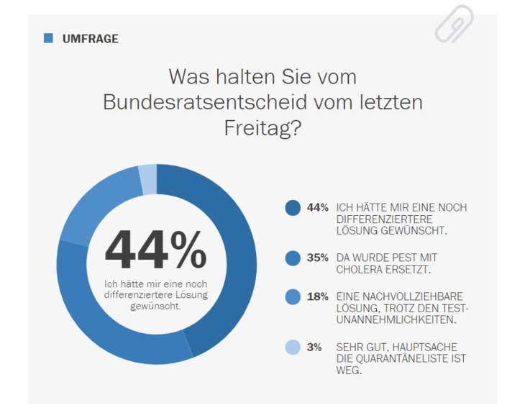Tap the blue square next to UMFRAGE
pyautogui.click(x=48, y=38)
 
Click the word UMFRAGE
pyautogui.click(x=91, y=39)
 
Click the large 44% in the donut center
pyautogui.click(x=156, y=250)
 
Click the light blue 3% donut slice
pyautogui.click(x=147, y=178)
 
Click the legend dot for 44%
pyautogui.click(x=293, y=208)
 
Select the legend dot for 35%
pyautogui.click(x=293, y=258)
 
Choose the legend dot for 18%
pyautogui.click(x=293, y=296)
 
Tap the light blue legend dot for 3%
pyautogui.click(x=293, y=347)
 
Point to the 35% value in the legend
pyautogui.click(x=317, y=258)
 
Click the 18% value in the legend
pyautogui.click(x=317, y=296)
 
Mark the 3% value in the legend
pyautogui.click(x=314, y=347)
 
